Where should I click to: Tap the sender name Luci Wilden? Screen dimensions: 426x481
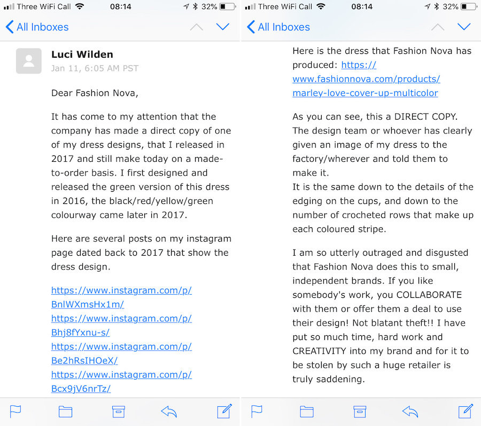coord(82,54)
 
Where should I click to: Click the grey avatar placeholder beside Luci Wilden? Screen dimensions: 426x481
coord(29,60)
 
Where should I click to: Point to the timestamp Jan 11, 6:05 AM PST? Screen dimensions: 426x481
coord(95,68)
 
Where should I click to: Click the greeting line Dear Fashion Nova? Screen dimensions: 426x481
coord(94,93)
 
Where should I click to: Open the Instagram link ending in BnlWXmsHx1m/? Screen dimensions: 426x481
coord(88,304)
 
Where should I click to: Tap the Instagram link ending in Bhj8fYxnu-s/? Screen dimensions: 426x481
coord(81,332)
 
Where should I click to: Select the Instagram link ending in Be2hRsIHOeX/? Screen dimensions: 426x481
coord(84,360)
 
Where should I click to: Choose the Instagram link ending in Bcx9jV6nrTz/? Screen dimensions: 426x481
coord(81,388)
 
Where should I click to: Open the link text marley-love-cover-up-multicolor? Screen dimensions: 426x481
coord(365,93)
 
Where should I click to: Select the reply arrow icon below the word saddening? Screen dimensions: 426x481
coord(410,411)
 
